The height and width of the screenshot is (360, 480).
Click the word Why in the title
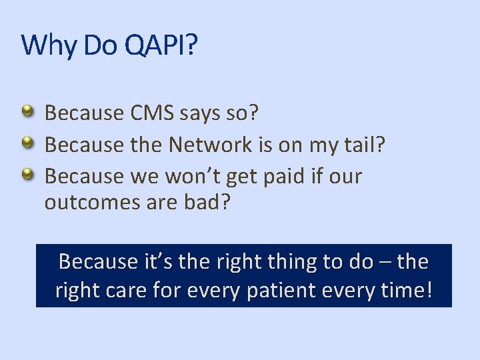tap(50, 45)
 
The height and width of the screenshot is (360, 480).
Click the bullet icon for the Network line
tap(27, 143)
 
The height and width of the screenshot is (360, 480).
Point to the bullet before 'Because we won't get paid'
tap(27, 175)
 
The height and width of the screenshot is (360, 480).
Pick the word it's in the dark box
tap(156, 262)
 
